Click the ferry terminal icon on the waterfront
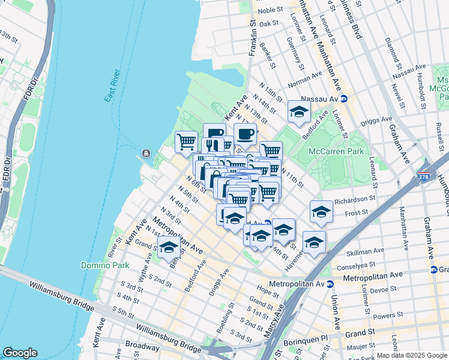tap(146, 154)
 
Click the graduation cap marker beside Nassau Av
tap(299, 112)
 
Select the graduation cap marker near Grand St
tap(169, 247)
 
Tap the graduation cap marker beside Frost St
tap(321, 212)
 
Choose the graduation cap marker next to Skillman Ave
tap(313, 242)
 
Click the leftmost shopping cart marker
tap(186, 142)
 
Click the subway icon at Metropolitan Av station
tap(330, 283)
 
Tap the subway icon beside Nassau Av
tap(344, 98)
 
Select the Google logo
tap(20, 352)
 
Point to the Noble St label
tap(270, 10)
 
